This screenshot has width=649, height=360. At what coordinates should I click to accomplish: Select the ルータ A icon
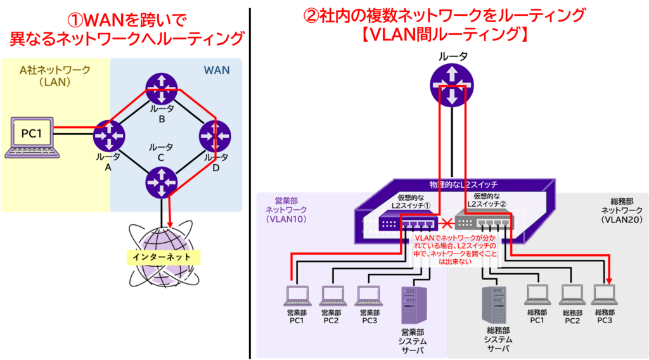(x=108, y=135)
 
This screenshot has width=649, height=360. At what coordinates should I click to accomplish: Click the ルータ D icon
(x=215, y=136)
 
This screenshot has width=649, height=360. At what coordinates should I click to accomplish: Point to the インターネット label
(x=162, y=257)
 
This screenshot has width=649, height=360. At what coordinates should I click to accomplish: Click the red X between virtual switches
(x=447, y=223)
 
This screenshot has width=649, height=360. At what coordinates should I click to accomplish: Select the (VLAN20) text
(x=621, y=219)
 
